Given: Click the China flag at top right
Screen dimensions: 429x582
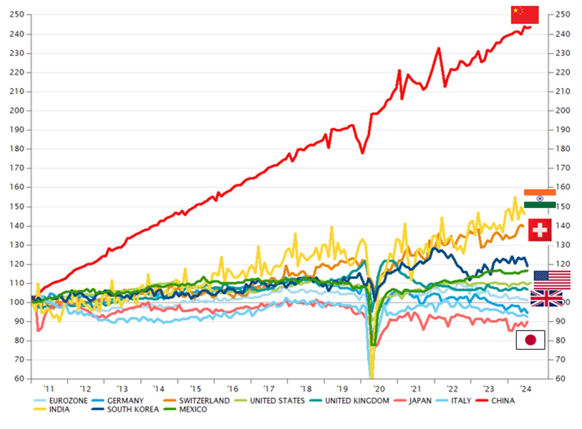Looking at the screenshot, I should coord(524,15).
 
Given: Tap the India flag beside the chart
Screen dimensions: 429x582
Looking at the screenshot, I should coord(539,199).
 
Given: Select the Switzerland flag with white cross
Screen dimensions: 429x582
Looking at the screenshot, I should coord(539,230).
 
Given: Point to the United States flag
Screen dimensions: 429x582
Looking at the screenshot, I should coord(552,280).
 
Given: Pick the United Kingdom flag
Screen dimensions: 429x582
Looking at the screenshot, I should coord(546,298).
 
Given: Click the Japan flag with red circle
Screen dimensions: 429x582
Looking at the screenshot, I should coord(530,340).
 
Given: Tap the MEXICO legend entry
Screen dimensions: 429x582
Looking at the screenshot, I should coord(192,409).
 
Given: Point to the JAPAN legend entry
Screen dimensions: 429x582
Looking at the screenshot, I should coord(420,400).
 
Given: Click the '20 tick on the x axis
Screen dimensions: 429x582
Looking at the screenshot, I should coord(378,389).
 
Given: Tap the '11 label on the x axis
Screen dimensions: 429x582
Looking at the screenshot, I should coord(48,389).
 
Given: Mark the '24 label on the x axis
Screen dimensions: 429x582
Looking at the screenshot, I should coord(525,389).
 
